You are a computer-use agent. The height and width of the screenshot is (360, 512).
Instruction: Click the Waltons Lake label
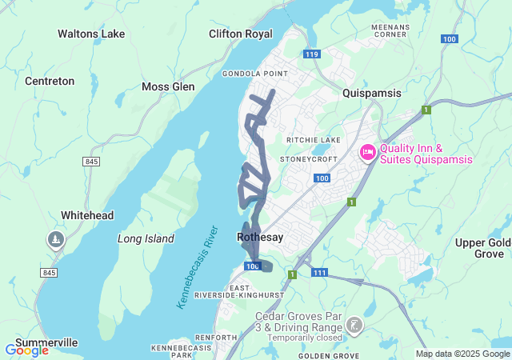point(91,34)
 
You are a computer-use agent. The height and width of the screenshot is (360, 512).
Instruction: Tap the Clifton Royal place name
point(240,34)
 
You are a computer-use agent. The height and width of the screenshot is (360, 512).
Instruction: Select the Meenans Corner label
point(390,30)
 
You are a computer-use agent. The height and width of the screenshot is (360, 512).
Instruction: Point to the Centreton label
point(50,81)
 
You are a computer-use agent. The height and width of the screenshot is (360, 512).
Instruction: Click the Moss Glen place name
point(168,86)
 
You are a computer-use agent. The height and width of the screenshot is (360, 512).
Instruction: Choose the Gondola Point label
point(254,73)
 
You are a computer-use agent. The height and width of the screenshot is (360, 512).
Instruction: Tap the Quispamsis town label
point(371,93)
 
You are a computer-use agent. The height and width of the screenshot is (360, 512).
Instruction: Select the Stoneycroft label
point(305,158)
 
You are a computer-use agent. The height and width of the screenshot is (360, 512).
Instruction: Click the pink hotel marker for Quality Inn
point(367,152)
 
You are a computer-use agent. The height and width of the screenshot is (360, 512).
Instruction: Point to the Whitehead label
point(88,215)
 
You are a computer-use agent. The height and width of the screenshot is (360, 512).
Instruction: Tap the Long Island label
point(146,238)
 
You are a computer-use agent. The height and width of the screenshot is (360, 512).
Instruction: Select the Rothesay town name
point(261,237)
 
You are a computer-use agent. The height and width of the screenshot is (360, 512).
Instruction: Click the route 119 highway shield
point(312,54)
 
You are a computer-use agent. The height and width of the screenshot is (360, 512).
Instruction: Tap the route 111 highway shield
point(320,274)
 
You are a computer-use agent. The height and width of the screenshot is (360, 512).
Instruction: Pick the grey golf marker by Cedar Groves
point(354,325)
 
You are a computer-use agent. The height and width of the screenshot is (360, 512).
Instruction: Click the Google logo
point(26,350)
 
